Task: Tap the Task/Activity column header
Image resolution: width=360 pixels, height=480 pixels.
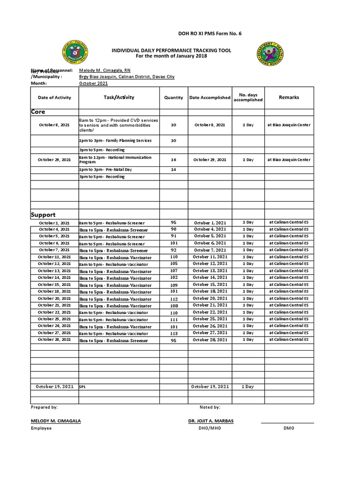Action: pyautogui.click(x=119, y=97)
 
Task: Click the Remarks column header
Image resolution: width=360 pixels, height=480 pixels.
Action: pyautogui.click(x=289, y=97)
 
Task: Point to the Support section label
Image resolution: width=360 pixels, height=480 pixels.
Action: pyautogui.click(x=43, y=215)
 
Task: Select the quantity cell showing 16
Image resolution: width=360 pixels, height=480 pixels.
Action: pyautogui.click(x=173, y=160)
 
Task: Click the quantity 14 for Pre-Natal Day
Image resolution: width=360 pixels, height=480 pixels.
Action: pyautogui.click(x=173, y=169)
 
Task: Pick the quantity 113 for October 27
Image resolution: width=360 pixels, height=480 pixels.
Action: pyautogui.click(x=173, y=333)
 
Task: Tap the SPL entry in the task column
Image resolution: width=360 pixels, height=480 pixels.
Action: pyautogui.click(x=83, y=387)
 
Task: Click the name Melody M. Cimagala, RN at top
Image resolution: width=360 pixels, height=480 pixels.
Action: pyautogui.click(x=105, y=70)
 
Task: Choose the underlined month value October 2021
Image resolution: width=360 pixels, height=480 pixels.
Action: pyautogui.click(x=93, y=83)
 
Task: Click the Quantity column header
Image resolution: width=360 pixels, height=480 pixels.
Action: pyautogui.click(x=173, y=97)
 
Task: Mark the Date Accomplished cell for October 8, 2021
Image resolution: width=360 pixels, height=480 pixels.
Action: pyautogui.click(x=210, y=125)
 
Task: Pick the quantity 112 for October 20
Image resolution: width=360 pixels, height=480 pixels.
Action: pyautogui.click(x=173, y=299)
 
